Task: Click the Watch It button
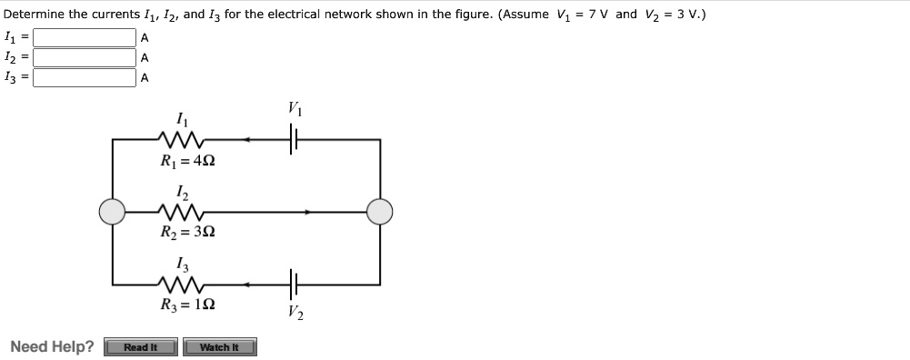pos(219,347)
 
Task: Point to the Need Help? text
pos(52,347)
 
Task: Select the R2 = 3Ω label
pos(186,232)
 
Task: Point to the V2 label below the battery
pos(295,315)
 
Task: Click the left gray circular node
pos(113,212)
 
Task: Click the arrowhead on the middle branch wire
pos(309,212)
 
